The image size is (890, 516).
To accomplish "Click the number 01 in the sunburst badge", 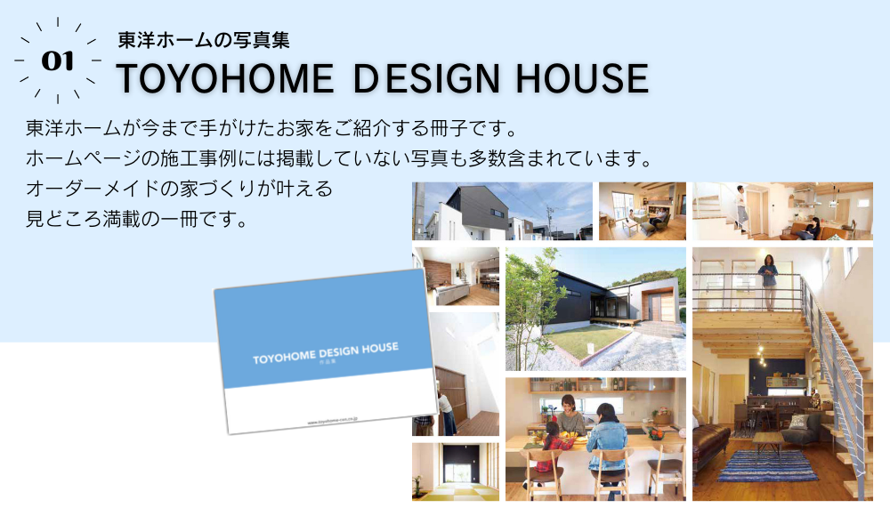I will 58,60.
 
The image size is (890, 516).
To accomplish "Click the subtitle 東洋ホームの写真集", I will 204,40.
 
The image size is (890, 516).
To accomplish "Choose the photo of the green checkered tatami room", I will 455,472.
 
